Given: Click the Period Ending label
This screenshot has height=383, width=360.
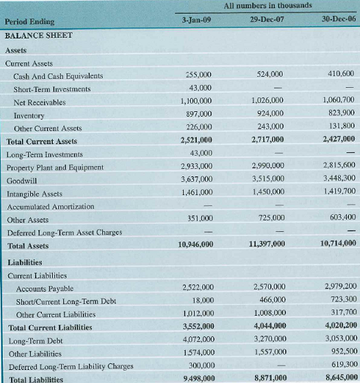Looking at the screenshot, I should tap(29, 23).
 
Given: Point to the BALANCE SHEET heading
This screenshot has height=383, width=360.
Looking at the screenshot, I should tap(38, 35).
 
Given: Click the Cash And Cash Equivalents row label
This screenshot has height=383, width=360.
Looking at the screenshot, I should tap(58, 76).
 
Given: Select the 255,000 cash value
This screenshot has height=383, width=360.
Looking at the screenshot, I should tap(199, 75).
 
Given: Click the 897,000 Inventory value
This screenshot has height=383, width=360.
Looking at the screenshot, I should tap(198, 115).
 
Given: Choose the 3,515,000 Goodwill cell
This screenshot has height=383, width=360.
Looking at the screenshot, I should tap(267, 180).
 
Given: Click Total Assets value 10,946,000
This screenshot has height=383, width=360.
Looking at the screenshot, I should tap(195, 244).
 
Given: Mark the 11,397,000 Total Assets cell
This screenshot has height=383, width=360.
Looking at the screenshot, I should tap(266, 244).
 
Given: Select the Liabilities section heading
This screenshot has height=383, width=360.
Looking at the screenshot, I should tap(26, 262).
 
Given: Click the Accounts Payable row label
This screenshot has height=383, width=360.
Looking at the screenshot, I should tap(45, 289).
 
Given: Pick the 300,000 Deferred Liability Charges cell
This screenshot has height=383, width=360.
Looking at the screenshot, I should tap(200, 365).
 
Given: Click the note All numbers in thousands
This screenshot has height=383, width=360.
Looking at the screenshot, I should tap(267, 6).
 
